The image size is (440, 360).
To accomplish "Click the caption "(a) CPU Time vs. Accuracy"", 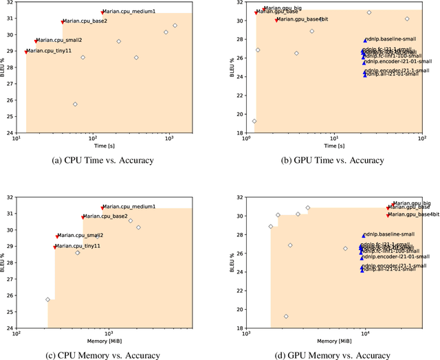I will coord(103,160).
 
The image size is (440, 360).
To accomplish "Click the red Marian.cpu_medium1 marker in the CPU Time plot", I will coord(102,12).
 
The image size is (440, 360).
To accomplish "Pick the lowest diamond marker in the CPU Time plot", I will coord(75,104).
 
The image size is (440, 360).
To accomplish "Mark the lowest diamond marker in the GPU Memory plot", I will coord(286,317).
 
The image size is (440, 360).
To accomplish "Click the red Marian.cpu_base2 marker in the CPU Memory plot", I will coord(82,217).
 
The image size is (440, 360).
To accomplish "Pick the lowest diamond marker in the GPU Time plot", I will coord(254,121).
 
